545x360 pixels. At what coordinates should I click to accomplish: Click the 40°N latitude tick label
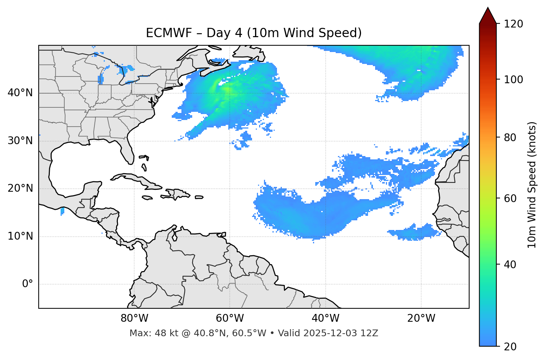20,93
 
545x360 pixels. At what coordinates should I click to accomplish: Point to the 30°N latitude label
20,141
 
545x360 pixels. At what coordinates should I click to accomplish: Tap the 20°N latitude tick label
20,188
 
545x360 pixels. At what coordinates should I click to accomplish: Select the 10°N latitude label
20,236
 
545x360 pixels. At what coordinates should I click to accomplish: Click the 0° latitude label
28,284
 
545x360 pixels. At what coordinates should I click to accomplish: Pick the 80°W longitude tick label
134,318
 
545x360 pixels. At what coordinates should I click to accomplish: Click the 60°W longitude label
230,318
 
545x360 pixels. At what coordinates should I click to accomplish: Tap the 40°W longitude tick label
325,318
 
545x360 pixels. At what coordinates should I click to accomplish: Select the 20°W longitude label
421,318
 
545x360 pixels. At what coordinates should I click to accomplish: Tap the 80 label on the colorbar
510,137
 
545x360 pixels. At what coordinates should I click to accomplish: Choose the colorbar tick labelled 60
510,198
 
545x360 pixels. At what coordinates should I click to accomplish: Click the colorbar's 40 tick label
510,265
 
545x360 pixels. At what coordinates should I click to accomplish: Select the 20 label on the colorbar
510,347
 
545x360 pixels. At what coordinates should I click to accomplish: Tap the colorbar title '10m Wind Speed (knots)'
532,185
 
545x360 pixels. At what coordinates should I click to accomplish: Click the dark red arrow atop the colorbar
488,16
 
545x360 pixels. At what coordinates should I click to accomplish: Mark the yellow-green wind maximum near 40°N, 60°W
226,89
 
